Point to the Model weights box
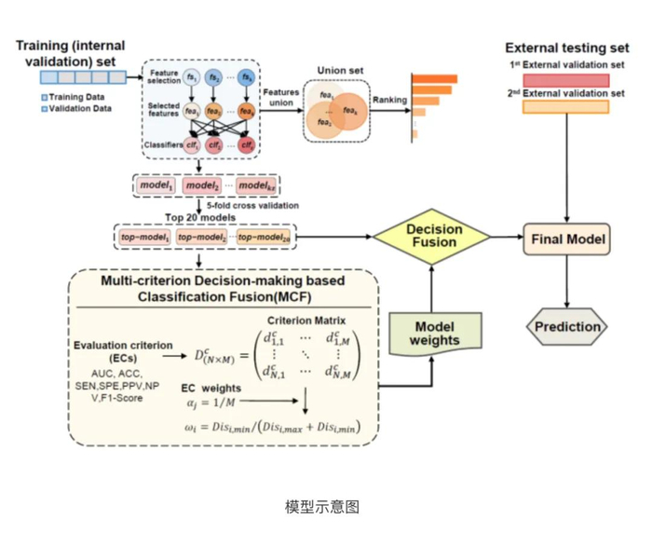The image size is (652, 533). pos(436,334)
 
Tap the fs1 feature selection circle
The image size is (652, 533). pos(191,77)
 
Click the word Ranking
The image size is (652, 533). pos(389,100)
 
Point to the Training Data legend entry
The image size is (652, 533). pos(75,97)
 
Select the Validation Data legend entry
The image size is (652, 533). pos(78,108)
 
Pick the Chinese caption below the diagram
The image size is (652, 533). pos(321,507)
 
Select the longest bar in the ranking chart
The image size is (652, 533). pos(434,78)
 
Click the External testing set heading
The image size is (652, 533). pos(566,47)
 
